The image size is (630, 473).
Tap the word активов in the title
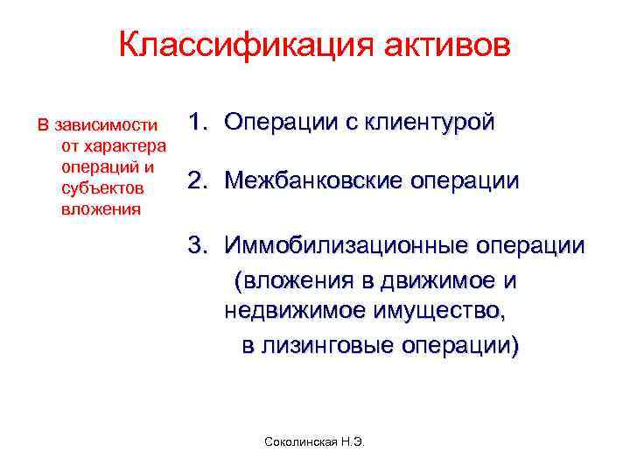446,46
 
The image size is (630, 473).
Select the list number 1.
196,122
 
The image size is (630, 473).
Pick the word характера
117,145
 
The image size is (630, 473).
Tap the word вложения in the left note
101,209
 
